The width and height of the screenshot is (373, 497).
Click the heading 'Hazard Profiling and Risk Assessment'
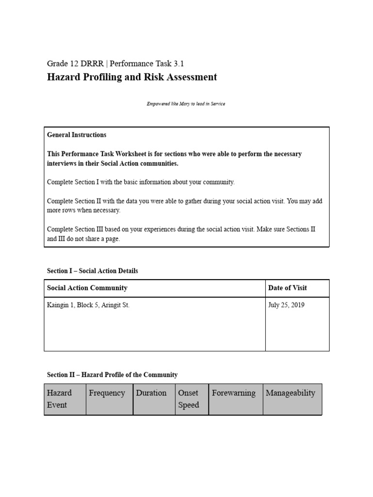pos(132,77)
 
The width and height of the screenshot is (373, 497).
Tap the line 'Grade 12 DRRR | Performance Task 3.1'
pos(115,64)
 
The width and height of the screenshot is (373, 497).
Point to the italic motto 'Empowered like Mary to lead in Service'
pos(186,104)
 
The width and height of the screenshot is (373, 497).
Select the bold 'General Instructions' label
pos(77,135)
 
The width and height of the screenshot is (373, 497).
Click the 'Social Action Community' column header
pos(87,288)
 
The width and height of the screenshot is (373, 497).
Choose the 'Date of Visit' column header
pos(288,288)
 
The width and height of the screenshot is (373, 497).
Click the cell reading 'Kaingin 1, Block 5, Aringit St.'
pos(88,305)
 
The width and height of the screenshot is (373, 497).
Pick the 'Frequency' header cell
pos(107,393)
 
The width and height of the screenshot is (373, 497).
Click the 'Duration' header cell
pos(151,393)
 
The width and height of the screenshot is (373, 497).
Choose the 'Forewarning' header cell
pos(234,393)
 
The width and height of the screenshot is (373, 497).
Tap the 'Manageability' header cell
pos(290,393)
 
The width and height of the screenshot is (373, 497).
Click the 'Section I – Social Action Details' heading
pos(92,271)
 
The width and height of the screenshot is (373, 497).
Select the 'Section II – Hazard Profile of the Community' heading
pos(112,375)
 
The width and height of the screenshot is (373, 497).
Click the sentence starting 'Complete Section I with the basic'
pos(140,182)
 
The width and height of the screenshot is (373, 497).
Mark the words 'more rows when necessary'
pos(84,211)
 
